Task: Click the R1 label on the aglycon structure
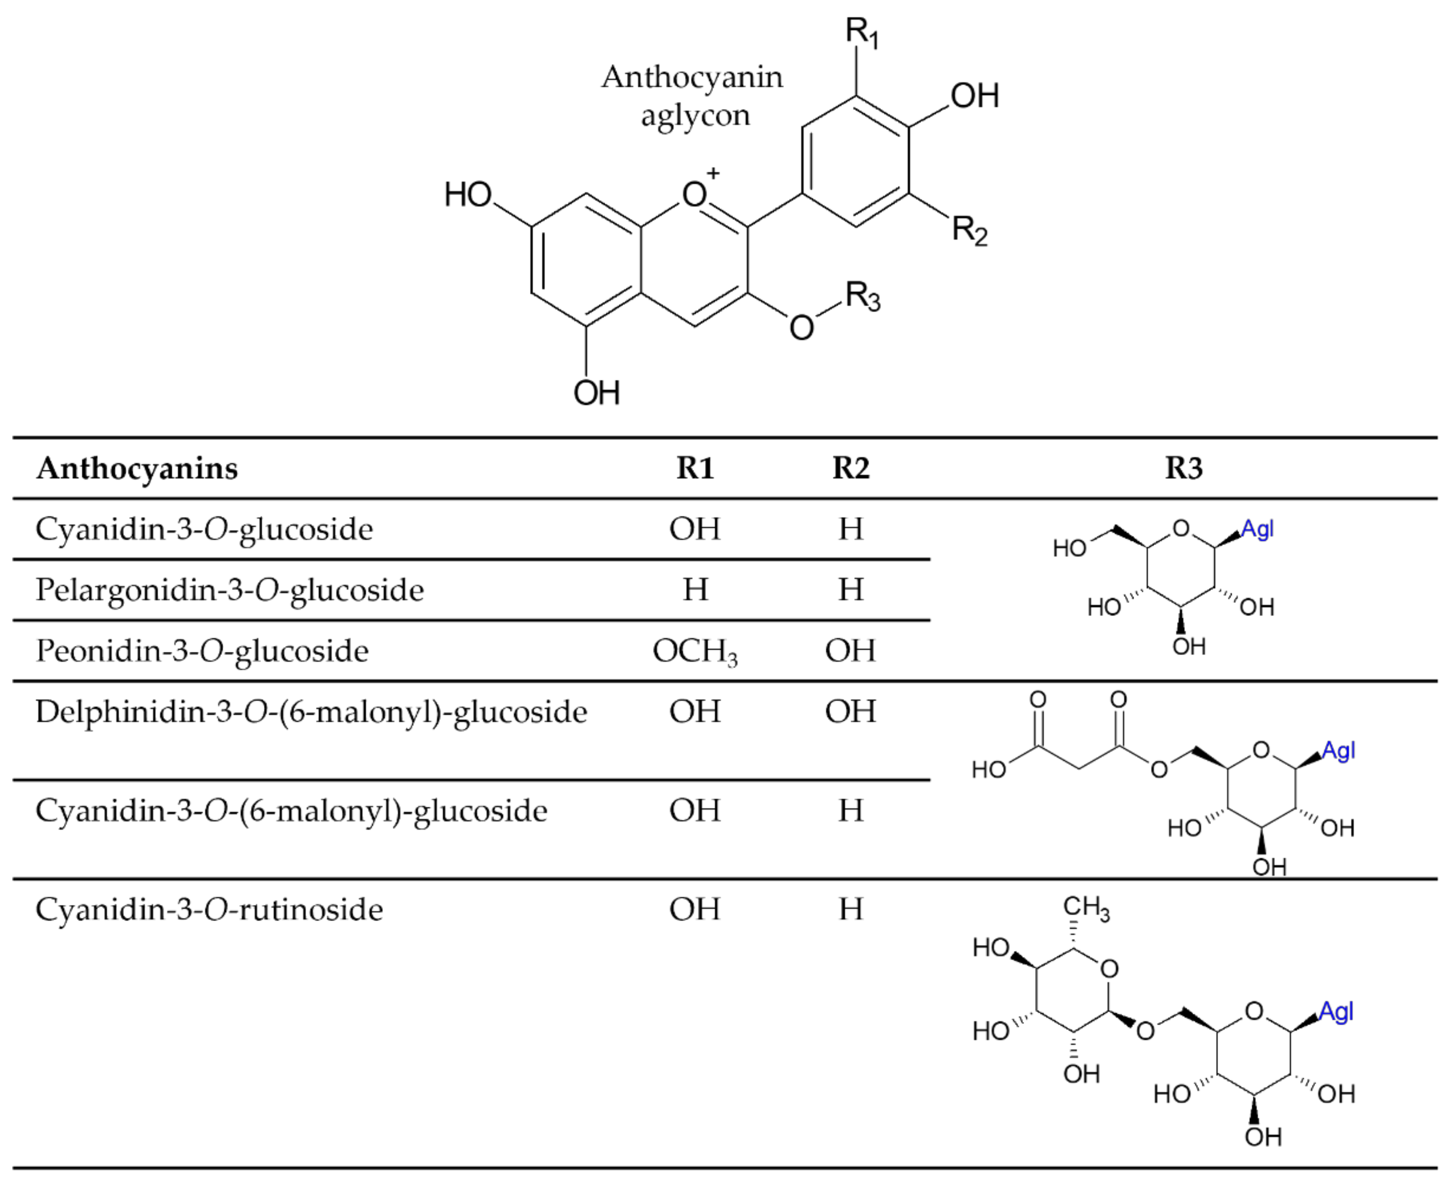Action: pyautogui.click(x=862, y=32)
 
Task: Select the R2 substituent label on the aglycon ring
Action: pyautogui.click(x=969, y=230)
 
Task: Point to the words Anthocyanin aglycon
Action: pyautogui.click(x=693, y=96)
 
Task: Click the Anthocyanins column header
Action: pyautogui.click(x=137, y=468)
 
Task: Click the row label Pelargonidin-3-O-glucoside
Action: pyautogui.click(x=230, y=590)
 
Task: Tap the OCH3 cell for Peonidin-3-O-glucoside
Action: pyautogui.click(x=695, y=651)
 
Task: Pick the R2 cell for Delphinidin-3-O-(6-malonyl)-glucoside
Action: pyautogui.click(x=850, y=711)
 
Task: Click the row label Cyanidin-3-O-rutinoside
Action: pyautogui.click(x=209, y=910)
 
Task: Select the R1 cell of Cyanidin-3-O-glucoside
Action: pyautogui.click(x=694, y=529)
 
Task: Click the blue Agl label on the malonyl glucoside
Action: pyautogui.click(x=1338, y=751)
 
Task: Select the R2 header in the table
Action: pyautogui.click(x=850, y=468)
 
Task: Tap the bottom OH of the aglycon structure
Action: pyautogui.click(x=596, y=393)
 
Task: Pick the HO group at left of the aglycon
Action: pyautogui.click(x=468, y=195)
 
